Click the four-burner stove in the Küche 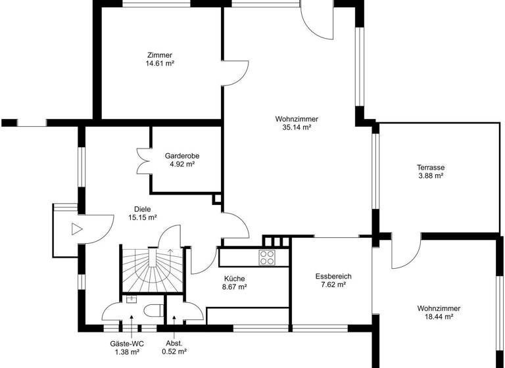coord(267,257)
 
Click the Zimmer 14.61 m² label coord(160,59)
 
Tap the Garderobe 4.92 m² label coord(182,160)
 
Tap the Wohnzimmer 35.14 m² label coord(297,123)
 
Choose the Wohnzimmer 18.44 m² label coord(439,312)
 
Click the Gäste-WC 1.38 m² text coord(127,348)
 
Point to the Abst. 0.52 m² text coord(174,348)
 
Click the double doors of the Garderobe coord(144,160)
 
